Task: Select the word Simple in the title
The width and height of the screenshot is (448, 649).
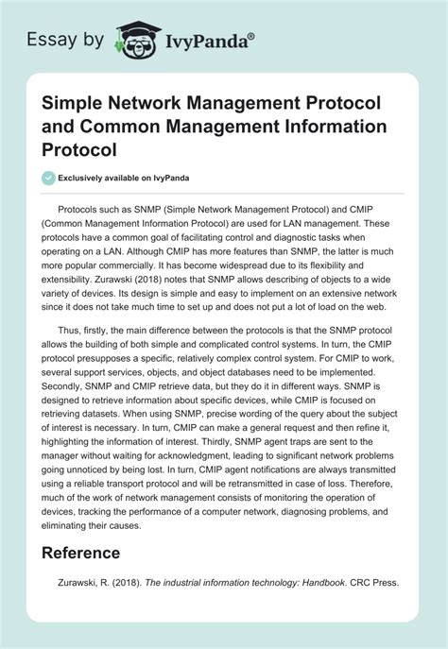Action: tap(68, 104)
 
